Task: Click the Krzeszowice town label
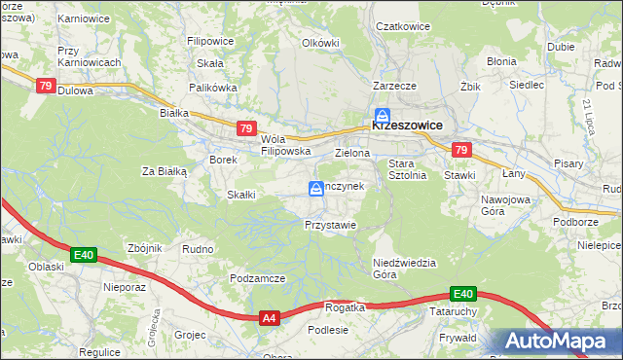pyautogui.click(x=407, y=126)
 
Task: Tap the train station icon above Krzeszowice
pyautogui.click(x=385, y=114)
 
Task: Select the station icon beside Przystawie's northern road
pyautogui.click(x=316, y=188)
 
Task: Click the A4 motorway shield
pyautogui.click(x=270, y=317)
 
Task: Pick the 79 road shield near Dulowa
pyautogui.click(x=46, y=87)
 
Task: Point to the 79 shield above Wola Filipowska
pyautogui.click(x=246, y=128)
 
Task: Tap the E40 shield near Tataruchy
pyautogui.click(x=462, y=294)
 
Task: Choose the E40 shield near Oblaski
pyautogui.click(x=83, y=256)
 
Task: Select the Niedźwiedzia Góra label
pyautogui.click(x=399, y=269)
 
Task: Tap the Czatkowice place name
pyautogui.click(x=403, y=27)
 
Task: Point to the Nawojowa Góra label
pyautogui.click(x=504, y=205)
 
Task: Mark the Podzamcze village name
pyautogui.click(x=257, y=278)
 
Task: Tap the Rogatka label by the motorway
pyautogui.click(x=345, y=307)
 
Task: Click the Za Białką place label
pyautogui.click(x=164, y=171)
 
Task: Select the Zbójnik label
pyautogui.click(x=144, y=248)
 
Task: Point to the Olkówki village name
pyautogui.click(x=320, y=43)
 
